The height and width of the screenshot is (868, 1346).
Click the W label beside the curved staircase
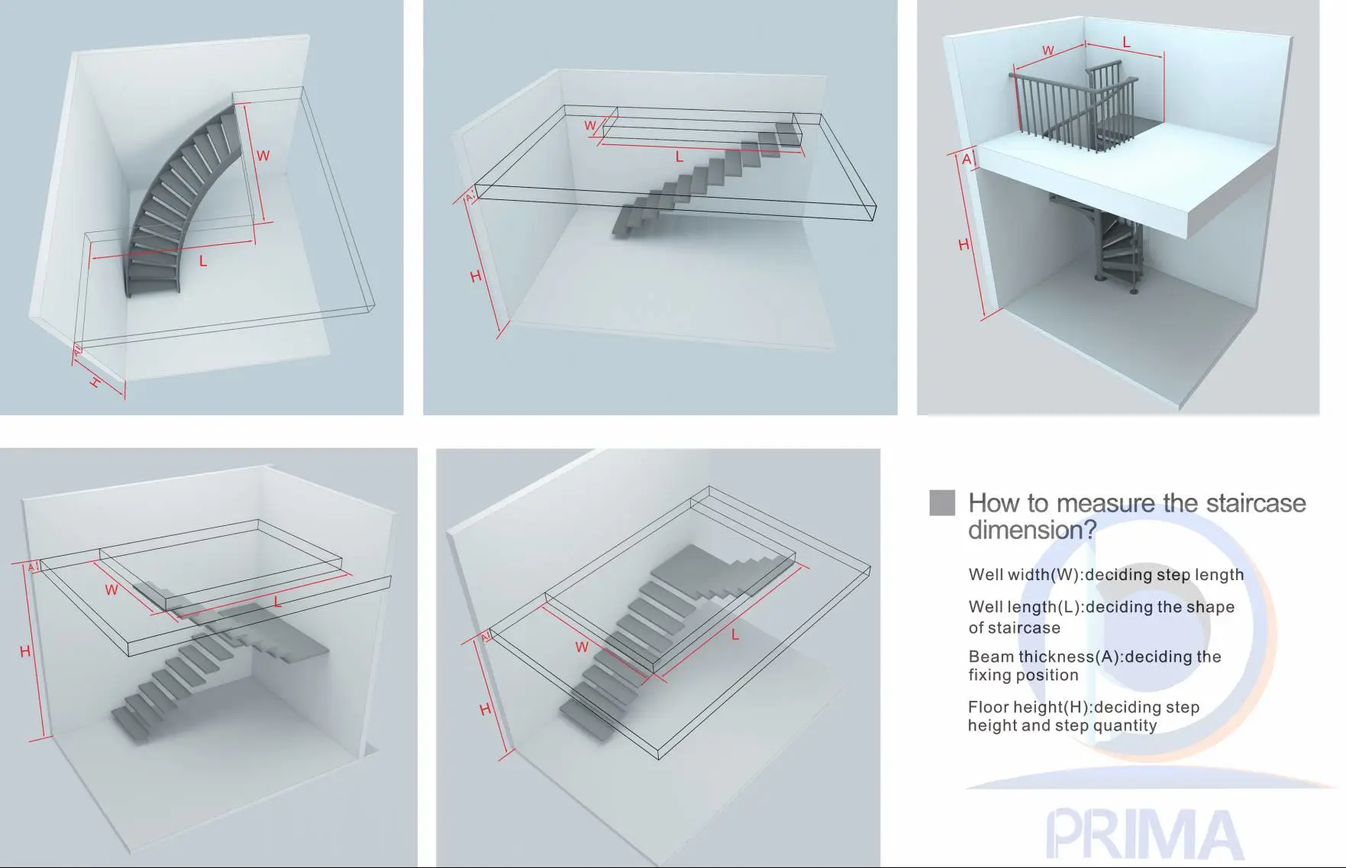point(263,156)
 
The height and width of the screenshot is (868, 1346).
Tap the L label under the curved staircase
point(203,261)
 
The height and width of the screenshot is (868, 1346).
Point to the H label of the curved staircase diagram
point(95,382)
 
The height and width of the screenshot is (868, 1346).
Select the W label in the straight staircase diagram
point(590,126)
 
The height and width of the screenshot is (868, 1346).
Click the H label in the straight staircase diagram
point(476,276)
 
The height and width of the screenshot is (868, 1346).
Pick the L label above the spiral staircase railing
point(1125,43)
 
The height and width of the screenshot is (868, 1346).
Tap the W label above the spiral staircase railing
point(1048,50)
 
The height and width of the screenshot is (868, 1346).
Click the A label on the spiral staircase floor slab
point(967,159)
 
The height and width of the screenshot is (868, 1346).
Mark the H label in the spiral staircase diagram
point(964,245)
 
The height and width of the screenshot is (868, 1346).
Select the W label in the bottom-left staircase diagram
point(111,589)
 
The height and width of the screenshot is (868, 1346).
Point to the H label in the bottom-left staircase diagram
point(25,651)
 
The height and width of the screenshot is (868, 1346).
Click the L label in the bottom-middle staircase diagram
point(735,634)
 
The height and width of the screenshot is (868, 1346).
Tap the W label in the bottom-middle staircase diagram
point(582,647)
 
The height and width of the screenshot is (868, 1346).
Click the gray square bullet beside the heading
point(942,502)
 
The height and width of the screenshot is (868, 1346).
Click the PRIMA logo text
point(1143,835)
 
